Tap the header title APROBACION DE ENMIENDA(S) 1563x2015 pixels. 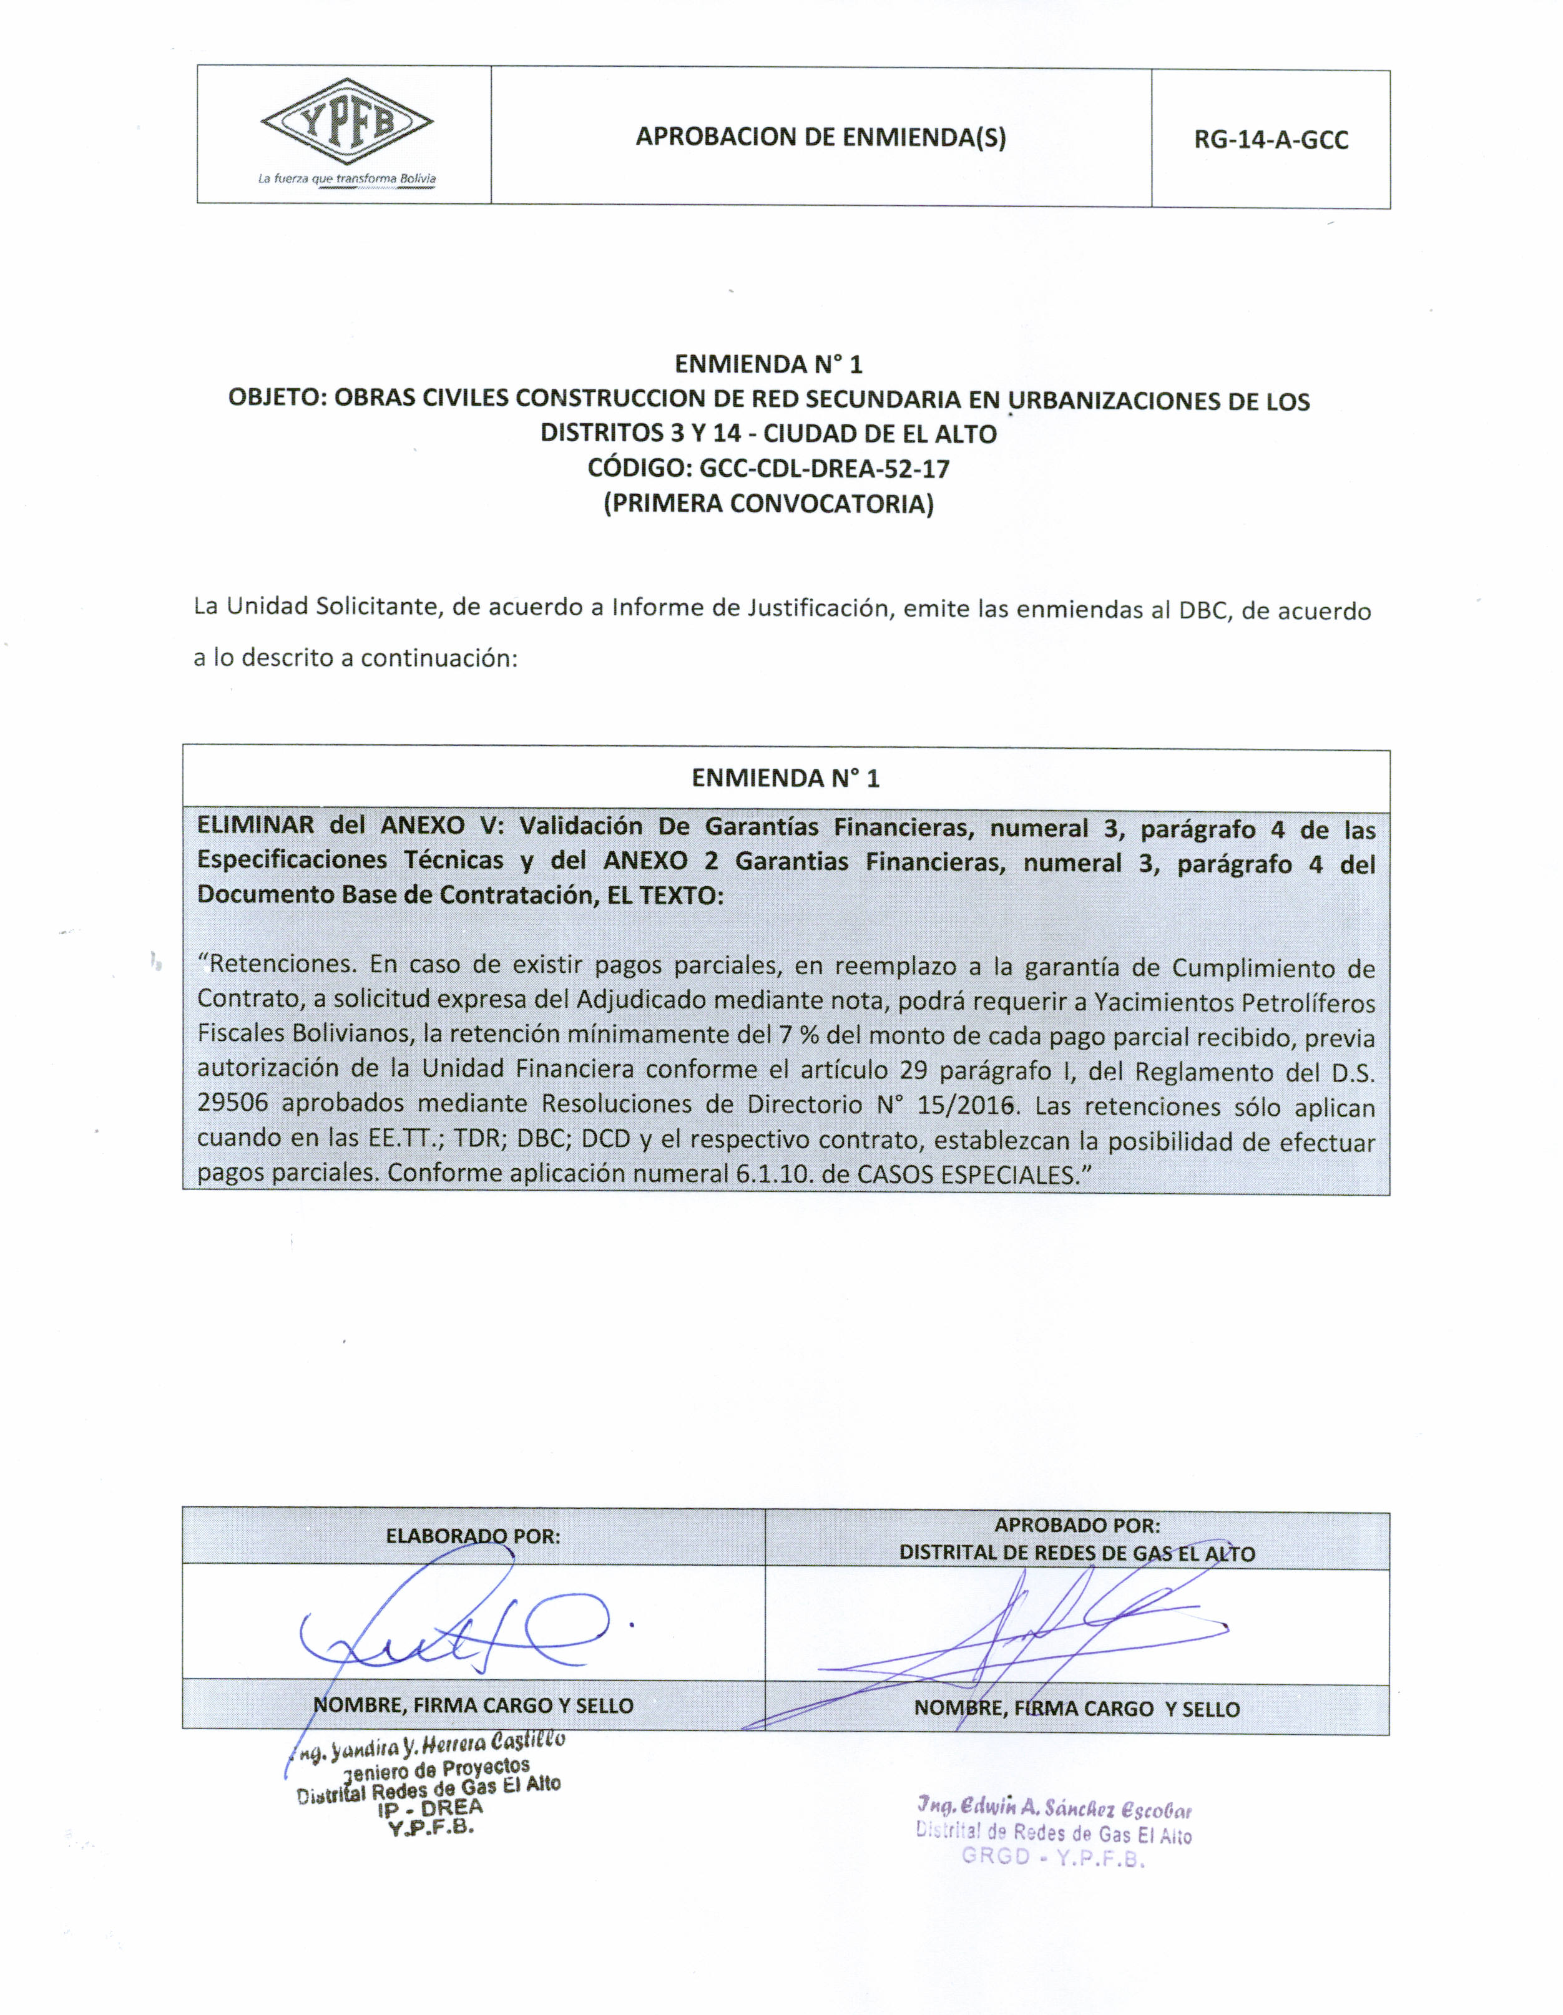(x=820, y=137)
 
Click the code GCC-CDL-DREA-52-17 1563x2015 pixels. (x=824, y=469)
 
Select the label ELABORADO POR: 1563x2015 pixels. (x=473, y=1536)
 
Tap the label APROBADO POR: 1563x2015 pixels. (x=1077, y=1525)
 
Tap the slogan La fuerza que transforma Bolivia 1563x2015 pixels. (x=347, y=178)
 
